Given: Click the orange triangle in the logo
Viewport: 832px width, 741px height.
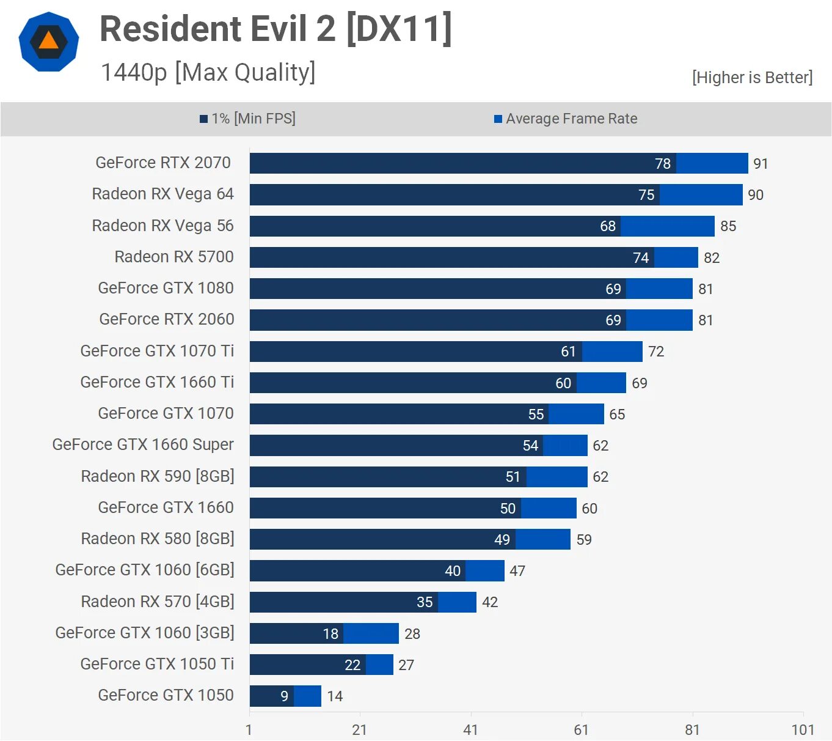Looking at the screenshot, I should [x=48, y=41].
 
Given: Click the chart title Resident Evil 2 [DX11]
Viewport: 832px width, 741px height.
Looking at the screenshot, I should [x=276, y=29].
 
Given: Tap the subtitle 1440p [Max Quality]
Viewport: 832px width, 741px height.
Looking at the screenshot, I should [x=208, y=72].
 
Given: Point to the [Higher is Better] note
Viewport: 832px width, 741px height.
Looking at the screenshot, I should [x=752, y=78].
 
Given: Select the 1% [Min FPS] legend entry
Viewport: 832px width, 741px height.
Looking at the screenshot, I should [x=248, y=119].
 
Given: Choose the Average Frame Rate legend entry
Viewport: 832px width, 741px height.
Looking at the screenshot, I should [x=566, y=119].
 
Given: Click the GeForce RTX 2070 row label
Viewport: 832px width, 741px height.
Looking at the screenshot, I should [x=163, y=163].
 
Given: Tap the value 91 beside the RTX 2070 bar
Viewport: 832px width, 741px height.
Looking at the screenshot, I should [x=761, y=164].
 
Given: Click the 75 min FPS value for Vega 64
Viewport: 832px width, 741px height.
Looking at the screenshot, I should [x=646, y=195].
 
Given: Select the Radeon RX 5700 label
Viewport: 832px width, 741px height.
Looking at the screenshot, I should [x=174, y=257].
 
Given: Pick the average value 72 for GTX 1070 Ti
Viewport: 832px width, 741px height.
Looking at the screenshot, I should [x=656, y=352].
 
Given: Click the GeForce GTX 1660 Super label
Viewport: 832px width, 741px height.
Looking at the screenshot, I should [x=143, y=444].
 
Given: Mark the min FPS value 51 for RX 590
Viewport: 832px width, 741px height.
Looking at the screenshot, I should [x=513, y=477].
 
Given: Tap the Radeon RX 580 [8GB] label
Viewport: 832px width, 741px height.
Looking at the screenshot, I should [x=158, y=539].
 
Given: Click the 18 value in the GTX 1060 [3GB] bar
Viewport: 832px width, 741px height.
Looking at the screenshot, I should [x=330, y=634].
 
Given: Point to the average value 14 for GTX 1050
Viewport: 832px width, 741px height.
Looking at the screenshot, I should [x=335, y=696].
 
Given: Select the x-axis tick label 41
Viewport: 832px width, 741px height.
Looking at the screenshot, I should [x=470, y=730].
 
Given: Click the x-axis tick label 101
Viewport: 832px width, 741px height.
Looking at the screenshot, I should [x=803, y=730].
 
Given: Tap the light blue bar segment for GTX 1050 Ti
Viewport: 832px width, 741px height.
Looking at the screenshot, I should [x=379, y=665].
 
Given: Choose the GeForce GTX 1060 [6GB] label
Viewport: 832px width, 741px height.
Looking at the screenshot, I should [x=145, y=570].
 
